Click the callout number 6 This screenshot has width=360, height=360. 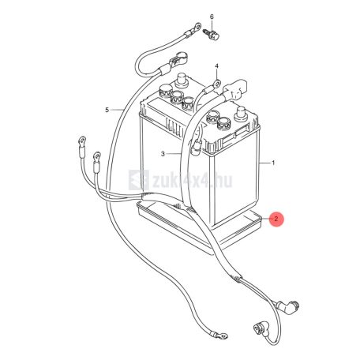[212, 17]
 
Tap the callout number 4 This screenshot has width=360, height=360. [216, 66]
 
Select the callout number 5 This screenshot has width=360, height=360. [107, 110]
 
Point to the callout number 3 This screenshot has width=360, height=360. [163, 154]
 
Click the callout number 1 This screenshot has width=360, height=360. [273, 163]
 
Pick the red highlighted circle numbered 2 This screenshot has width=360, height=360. [276, 219]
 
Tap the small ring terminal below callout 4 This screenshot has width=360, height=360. [217, 84]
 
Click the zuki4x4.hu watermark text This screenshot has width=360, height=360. [193, 180]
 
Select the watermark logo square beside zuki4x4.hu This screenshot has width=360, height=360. [138, 180]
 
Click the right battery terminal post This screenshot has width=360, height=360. [241, 113]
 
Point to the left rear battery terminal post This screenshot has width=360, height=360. [182, 80]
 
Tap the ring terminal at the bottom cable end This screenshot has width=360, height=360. [222, 336]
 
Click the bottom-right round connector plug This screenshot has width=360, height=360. [258, 329]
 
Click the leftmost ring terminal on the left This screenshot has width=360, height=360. [82, 140]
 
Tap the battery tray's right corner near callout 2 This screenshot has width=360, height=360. [262, 219]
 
